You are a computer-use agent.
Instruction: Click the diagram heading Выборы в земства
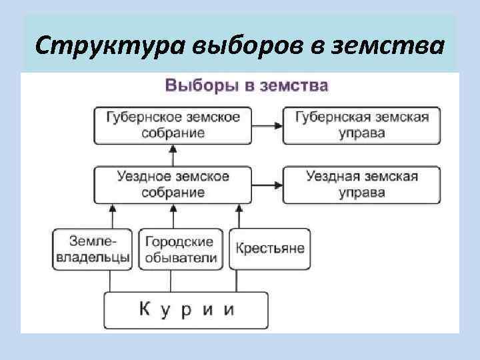click(x=246, y=86)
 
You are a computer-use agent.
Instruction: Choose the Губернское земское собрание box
click(x=173, y=124)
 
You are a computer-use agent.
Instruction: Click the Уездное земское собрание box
click(x=173, y=185)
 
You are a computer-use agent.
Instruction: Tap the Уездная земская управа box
click(x=362, y=185)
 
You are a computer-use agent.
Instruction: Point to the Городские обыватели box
click(x=181, y=249)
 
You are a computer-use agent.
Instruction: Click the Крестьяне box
click(x=269, y=249)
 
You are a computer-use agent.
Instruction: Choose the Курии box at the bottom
click(x=187, y=310)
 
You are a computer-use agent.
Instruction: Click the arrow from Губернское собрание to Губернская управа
click(x=267, y=124)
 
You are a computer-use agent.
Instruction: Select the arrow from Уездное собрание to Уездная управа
click(x=267, y=185)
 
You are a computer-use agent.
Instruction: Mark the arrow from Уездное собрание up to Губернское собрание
click(x=173, y=155)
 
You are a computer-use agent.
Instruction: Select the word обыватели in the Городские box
click(x=181, y=258)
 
